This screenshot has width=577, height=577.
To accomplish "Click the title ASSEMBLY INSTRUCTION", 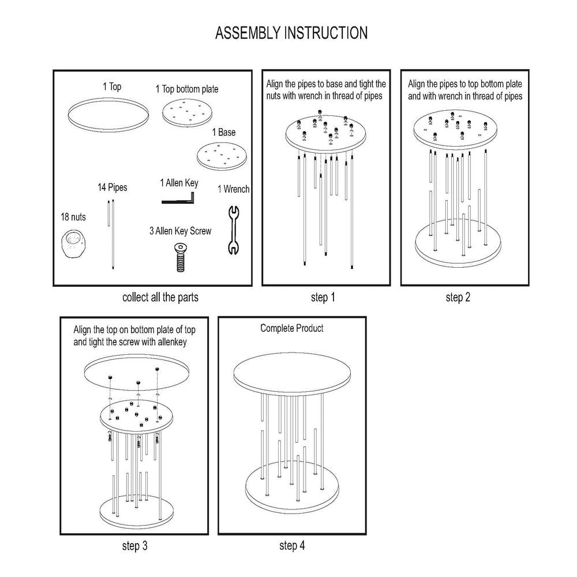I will (x=291, y=33).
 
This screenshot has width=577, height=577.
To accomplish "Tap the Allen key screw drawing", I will (x=180, y=257).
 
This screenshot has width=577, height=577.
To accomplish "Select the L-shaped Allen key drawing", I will (x=179, y=199).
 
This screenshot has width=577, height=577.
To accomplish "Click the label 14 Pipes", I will (x=112, y=188).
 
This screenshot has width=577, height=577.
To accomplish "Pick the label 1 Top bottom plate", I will (x=187, y=89).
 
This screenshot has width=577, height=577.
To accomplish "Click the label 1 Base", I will (x=223, y=133).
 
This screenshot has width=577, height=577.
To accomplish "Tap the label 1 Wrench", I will (x=233, y=189).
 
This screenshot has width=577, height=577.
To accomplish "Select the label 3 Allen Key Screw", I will (x=180, y=231).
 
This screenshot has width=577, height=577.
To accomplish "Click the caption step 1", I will (x=323, y=298).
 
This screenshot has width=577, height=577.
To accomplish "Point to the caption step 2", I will (x=458, y=298).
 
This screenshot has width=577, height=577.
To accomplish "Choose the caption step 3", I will (x=139, y=545).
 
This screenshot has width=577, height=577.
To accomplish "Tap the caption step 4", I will (x=293, y=545).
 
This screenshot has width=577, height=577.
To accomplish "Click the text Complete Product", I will (x=292, y=328).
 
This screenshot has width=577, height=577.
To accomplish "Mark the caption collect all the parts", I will (x=160, y=298).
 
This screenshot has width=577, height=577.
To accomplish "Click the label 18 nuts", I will (x=73, y=217).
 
